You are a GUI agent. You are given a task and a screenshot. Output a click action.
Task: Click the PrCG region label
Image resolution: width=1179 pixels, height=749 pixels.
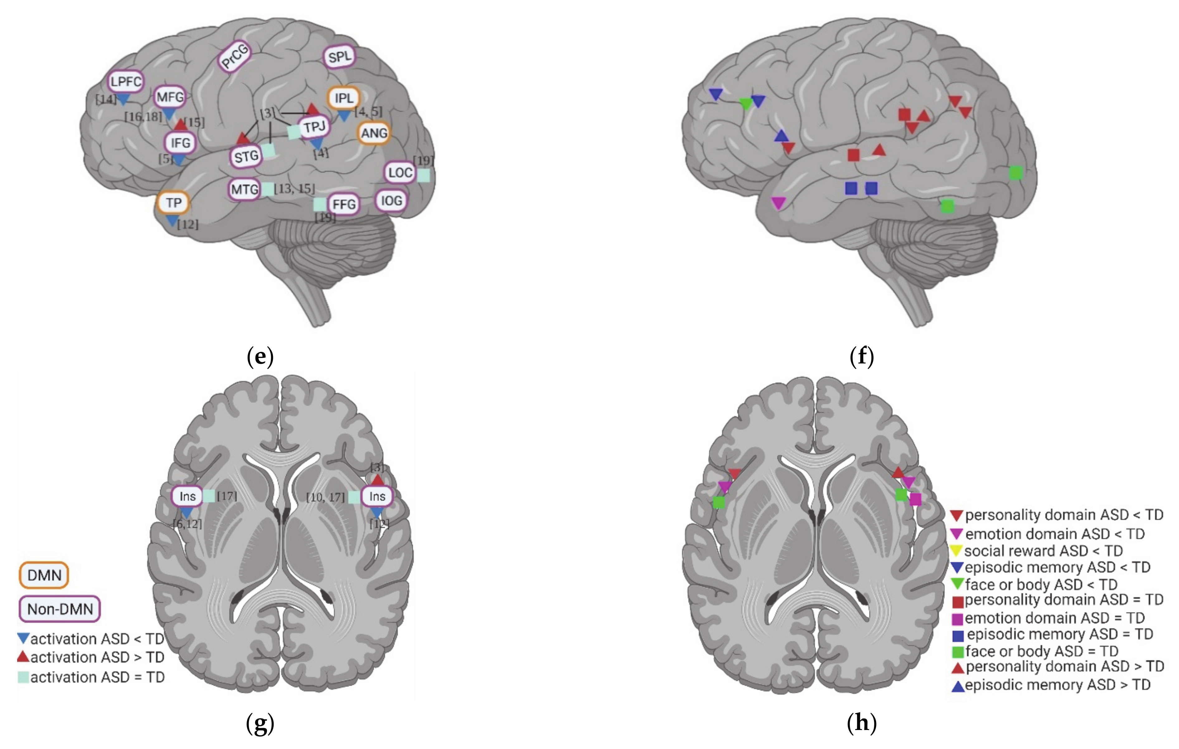[x=235, y=57]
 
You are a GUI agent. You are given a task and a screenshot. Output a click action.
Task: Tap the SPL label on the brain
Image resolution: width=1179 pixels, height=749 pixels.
[x=339, y=57]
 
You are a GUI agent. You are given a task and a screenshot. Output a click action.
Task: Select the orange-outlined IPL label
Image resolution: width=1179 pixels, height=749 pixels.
[x=344, y=98]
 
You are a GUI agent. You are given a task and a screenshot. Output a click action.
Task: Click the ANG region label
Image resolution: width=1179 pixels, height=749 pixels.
[x=374, y=133]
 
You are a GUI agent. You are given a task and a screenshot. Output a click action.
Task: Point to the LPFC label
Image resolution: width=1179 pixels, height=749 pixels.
[x=126, y=81]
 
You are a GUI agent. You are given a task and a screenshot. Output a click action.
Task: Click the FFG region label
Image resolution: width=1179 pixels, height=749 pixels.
[x=344, y=204]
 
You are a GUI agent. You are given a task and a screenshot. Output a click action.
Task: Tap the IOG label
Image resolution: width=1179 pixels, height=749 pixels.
[x=391, y=200]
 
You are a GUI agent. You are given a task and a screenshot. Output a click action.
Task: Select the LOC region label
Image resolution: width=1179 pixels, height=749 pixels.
[x=400, y=172]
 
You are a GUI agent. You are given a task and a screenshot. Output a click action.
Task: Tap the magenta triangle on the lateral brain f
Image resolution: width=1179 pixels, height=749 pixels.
[x=778, y=202]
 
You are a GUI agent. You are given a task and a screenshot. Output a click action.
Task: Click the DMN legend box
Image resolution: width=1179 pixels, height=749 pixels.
[x=44, y=575]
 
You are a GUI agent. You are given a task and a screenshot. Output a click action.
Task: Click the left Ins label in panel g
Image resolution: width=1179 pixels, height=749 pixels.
[x=188, y=496]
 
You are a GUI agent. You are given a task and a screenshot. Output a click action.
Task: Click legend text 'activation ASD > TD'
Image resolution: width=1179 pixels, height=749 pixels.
[x=97, y=657]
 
